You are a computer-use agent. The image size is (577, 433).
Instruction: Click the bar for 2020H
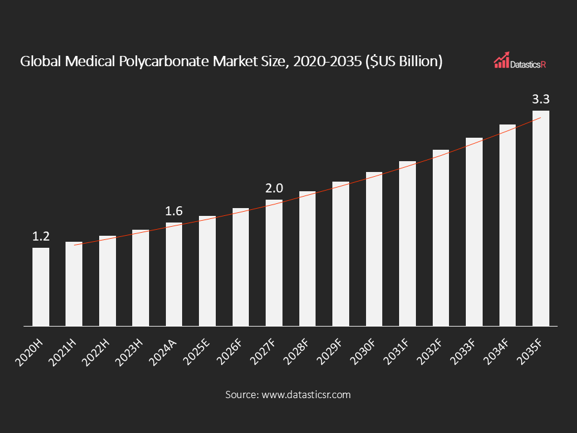41,287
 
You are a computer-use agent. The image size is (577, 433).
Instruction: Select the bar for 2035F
541,218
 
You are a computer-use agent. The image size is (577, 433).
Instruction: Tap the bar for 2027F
274,263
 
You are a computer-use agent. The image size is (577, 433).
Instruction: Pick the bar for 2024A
174,274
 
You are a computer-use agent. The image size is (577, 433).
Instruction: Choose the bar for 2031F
408,244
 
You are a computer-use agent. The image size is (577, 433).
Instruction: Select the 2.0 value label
274,189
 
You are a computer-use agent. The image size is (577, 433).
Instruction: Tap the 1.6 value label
174,211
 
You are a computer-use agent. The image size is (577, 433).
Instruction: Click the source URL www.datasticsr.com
305,395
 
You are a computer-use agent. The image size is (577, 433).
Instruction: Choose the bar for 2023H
141,278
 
